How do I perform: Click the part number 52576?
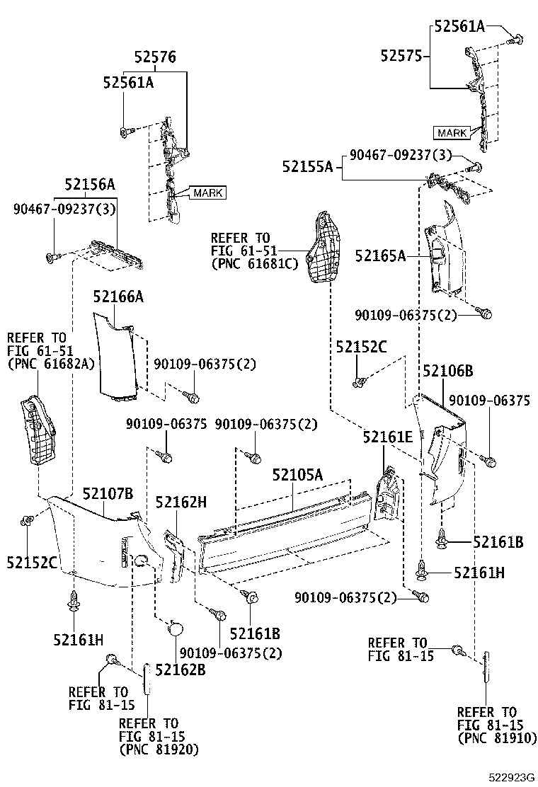coord(155,57)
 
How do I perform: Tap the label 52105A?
coord(297,475)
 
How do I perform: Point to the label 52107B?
coord(107,493)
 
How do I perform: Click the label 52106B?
coord(447,371)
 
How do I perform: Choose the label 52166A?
coord(119,297)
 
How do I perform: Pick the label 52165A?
coord(380,256)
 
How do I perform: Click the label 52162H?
coord(181,502)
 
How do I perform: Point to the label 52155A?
coord(307,167)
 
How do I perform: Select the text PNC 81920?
coord(159,749)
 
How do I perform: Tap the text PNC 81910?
coord(496,737)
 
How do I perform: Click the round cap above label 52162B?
coord(175,627)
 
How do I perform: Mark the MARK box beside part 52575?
coord(452,132)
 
